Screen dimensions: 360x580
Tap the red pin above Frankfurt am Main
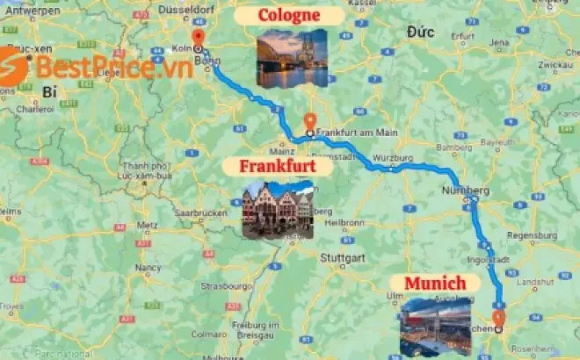click(308, 122)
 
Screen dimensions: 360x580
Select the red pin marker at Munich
click(499, 318)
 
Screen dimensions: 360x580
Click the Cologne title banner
click(289, 17)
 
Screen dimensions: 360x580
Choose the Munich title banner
click(441, 283)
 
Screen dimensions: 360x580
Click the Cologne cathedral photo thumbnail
click(292, 58)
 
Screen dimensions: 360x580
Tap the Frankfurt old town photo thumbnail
click(278, 211)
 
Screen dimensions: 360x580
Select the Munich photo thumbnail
click(436, 326)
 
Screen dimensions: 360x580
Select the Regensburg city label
click(533, 235)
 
